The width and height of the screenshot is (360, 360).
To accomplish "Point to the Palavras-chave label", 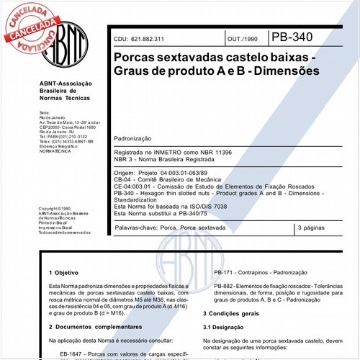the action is (138, 228).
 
